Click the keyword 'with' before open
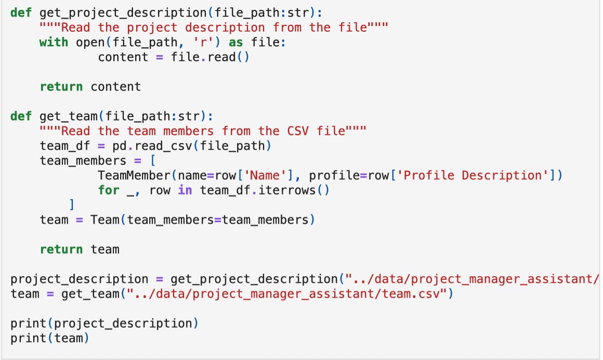coord(54,42)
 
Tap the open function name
coord(90,42)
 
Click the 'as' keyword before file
coord(235,42)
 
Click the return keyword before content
coord(61,86)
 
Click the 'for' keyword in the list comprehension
coord(109,190)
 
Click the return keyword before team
coord(61,249)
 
